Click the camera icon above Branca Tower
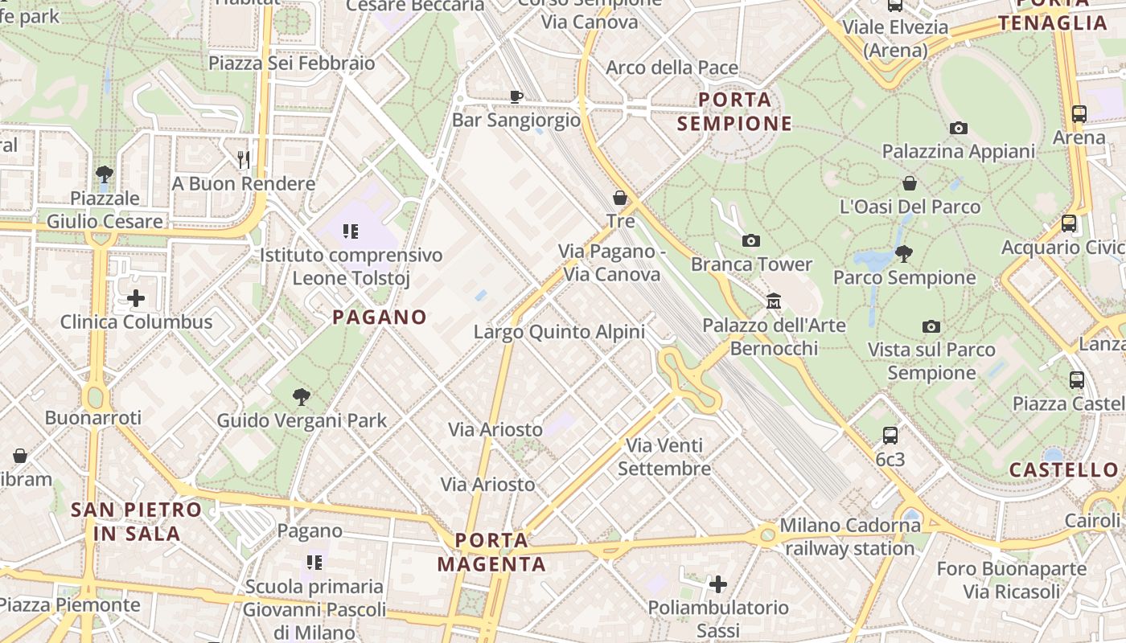pos(751,240)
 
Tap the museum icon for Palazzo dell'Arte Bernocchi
pos(774,301)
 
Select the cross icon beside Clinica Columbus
pos(136,299)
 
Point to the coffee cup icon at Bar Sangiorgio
pos(516,96)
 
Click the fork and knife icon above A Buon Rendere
pos(245,160)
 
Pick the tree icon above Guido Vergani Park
pos(302,396)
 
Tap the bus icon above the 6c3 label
pos(890,436)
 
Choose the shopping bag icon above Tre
pos(620,197)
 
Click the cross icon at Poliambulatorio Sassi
pos(718,584)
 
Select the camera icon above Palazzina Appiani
pos(958,128)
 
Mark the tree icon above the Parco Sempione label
pos(904,254)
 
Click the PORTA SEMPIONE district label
pos(735,112)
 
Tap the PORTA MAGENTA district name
pos(491,551)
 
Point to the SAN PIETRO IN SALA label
pos(136,521)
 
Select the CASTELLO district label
pos(1063,470)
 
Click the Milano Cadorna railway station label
pos(850,537)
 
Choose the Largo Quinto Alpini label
pos(559,331)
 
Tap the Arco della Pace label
pos(672,68)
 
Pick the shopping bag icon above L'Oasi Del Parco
pos(910,183)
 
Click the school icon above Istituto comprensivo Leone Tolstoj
pos(351,232)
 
